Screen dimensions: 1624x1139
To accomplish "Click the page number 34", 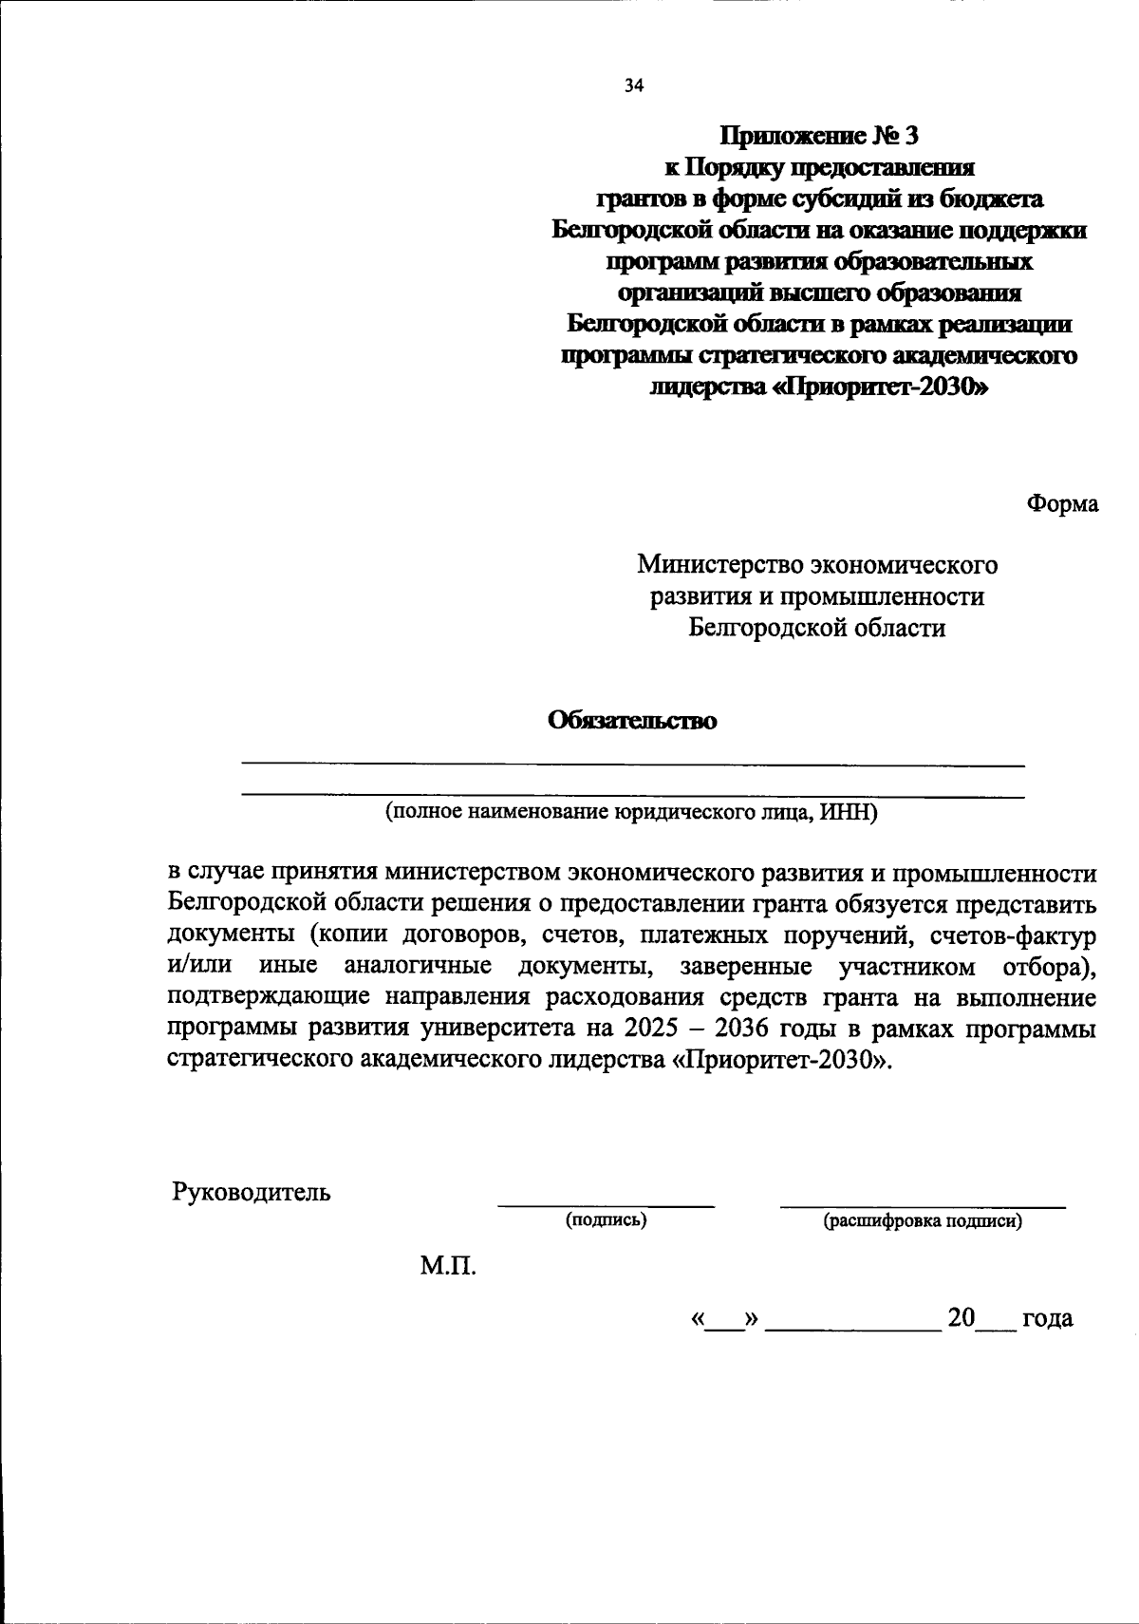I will [x=634, y=86].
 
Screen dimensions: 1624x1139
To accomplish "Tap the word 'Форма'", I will [x=1062, y=504].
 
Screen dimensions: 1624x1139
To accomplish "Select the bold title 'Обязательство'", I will [x=633, y=721].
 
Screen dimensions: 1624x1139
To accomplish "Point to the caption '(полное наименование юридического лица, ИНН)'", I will [x=631, y=813].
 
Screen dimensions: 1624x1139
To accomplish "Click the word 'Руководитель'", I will [x=252, y=1191].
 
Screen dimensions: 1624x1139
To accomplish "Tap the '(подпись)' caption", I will [x=606, y=1220].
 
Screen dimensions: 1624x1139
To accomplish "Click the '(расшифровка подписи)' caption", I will [x=923, y=1221].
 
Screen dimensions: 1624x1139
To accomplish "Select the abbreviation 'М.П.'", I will [x=448, y=1266].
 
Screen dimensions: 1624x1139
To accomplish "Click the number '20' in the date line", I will [x=961, y=1318].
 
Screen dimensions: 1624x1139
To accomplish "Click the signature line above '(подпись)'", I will [x=606, y=1206].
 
